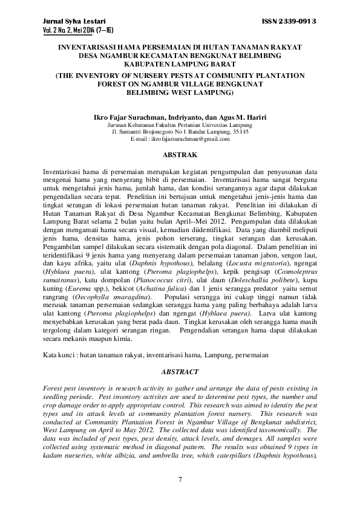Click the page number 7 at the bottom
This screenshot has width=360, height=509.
(x=180, y=480)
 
